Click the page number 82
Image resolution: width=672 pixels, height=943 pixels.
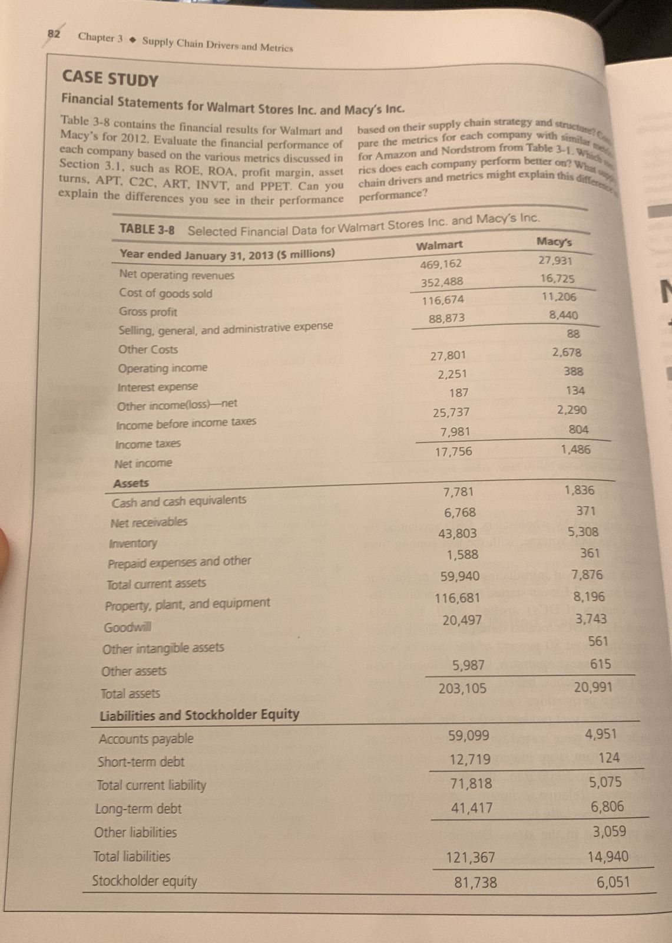(x=54, y=34)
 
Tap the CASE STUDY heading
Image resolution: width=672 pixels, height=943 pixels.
(x=110, y=79)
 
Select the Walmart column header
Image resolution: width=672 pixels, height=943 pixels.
(x=439, y=245)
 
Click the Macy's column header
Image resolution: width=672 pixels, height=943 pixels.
(x=554, y=242)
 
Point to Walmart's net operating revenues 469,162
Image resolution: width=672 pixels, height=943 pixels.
(x=441, y=263)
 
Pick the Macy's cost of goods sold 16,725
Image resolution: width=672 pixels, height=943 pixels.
(x=557, y=279)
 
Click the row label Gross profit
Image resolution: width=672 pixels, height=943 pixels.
(x=148, y=312)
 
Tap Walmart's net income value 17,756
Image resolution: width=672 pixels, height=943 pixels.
(x=453, y=451)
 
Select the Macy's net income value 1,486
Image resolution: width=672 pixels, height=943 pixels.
(x=575, y=450)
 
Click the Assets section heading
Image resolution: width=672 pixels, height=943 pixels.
(x=131, y=483)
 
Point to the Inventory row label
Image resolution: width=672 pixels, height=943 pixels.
(x=133, y=543)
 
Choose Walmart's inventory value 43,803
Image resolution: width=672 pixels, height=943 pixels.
(x=458, y=534)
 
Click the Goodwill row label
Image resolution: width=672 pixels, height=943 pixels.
(x=127, y=627)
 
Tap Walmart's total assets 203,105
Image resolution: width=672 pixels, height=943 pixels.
(x=462, y=688)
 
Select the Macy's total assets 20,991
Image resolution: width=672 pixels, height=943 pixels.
(x=592, y=687)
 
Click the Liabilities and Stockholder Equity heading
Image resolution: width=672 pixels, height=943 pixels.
(x=199, y=716)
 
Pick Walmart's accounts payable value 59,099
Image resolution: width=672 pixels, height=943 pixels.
(x=469, y=736)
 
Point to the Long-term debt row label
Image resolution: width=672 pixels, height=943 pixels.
(x=138, y=809)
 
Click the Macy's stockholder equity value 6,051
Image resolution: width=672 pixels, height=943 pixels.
(x=613, y=882)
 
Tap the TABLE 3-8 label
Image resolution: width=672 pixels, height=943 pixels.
(x=147, y=230)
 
